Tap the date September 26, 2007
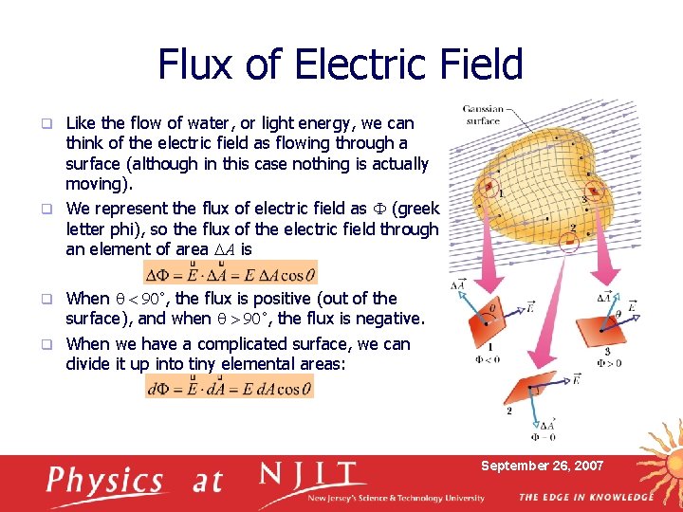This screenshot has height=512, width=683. [542, 466]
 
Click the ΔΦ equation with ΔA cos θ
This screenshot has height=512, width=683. [229, 273]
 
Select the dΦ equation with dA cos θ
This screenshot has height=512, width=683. [229, 387]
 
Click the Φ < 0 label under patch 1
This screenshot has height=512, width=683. [489, 360]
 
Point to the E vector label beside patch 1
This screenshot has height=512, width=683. [527, 308]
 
